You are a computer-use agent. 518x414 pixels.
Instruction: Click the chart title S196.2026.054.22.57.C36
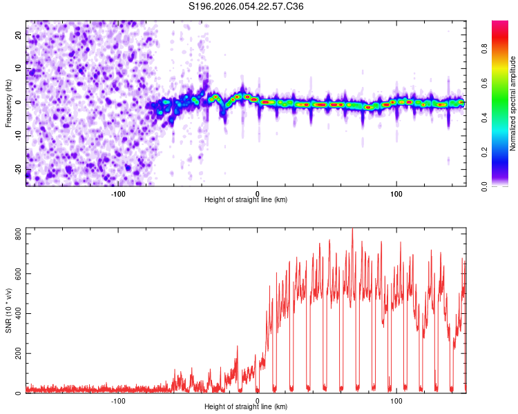(x=246, y=6)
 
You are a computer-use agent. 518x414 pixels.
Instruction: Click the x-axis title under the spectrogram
(x=246, y=199)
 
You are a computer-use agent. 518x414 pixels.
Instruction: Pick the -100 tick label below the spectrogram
(x=118, y=193)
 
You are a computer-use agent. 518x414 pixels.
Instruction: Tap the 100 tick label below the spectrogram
(x=396, y=193)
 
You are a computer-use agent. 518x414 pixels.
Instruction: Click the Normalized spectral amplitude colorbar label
(x=512, y=103)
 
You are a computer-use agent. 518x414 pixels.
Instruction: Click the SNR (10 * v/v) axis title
(x=8, y=310)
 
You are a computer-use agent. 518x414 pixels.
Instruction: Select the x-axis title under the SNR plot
(x=246, y=406)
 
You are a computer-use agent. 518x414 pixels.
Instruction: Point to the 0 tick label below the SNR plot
(x=258, y=400)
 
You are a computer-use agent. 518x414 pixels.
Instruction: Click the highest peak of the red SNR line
(x=352, y=229)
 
